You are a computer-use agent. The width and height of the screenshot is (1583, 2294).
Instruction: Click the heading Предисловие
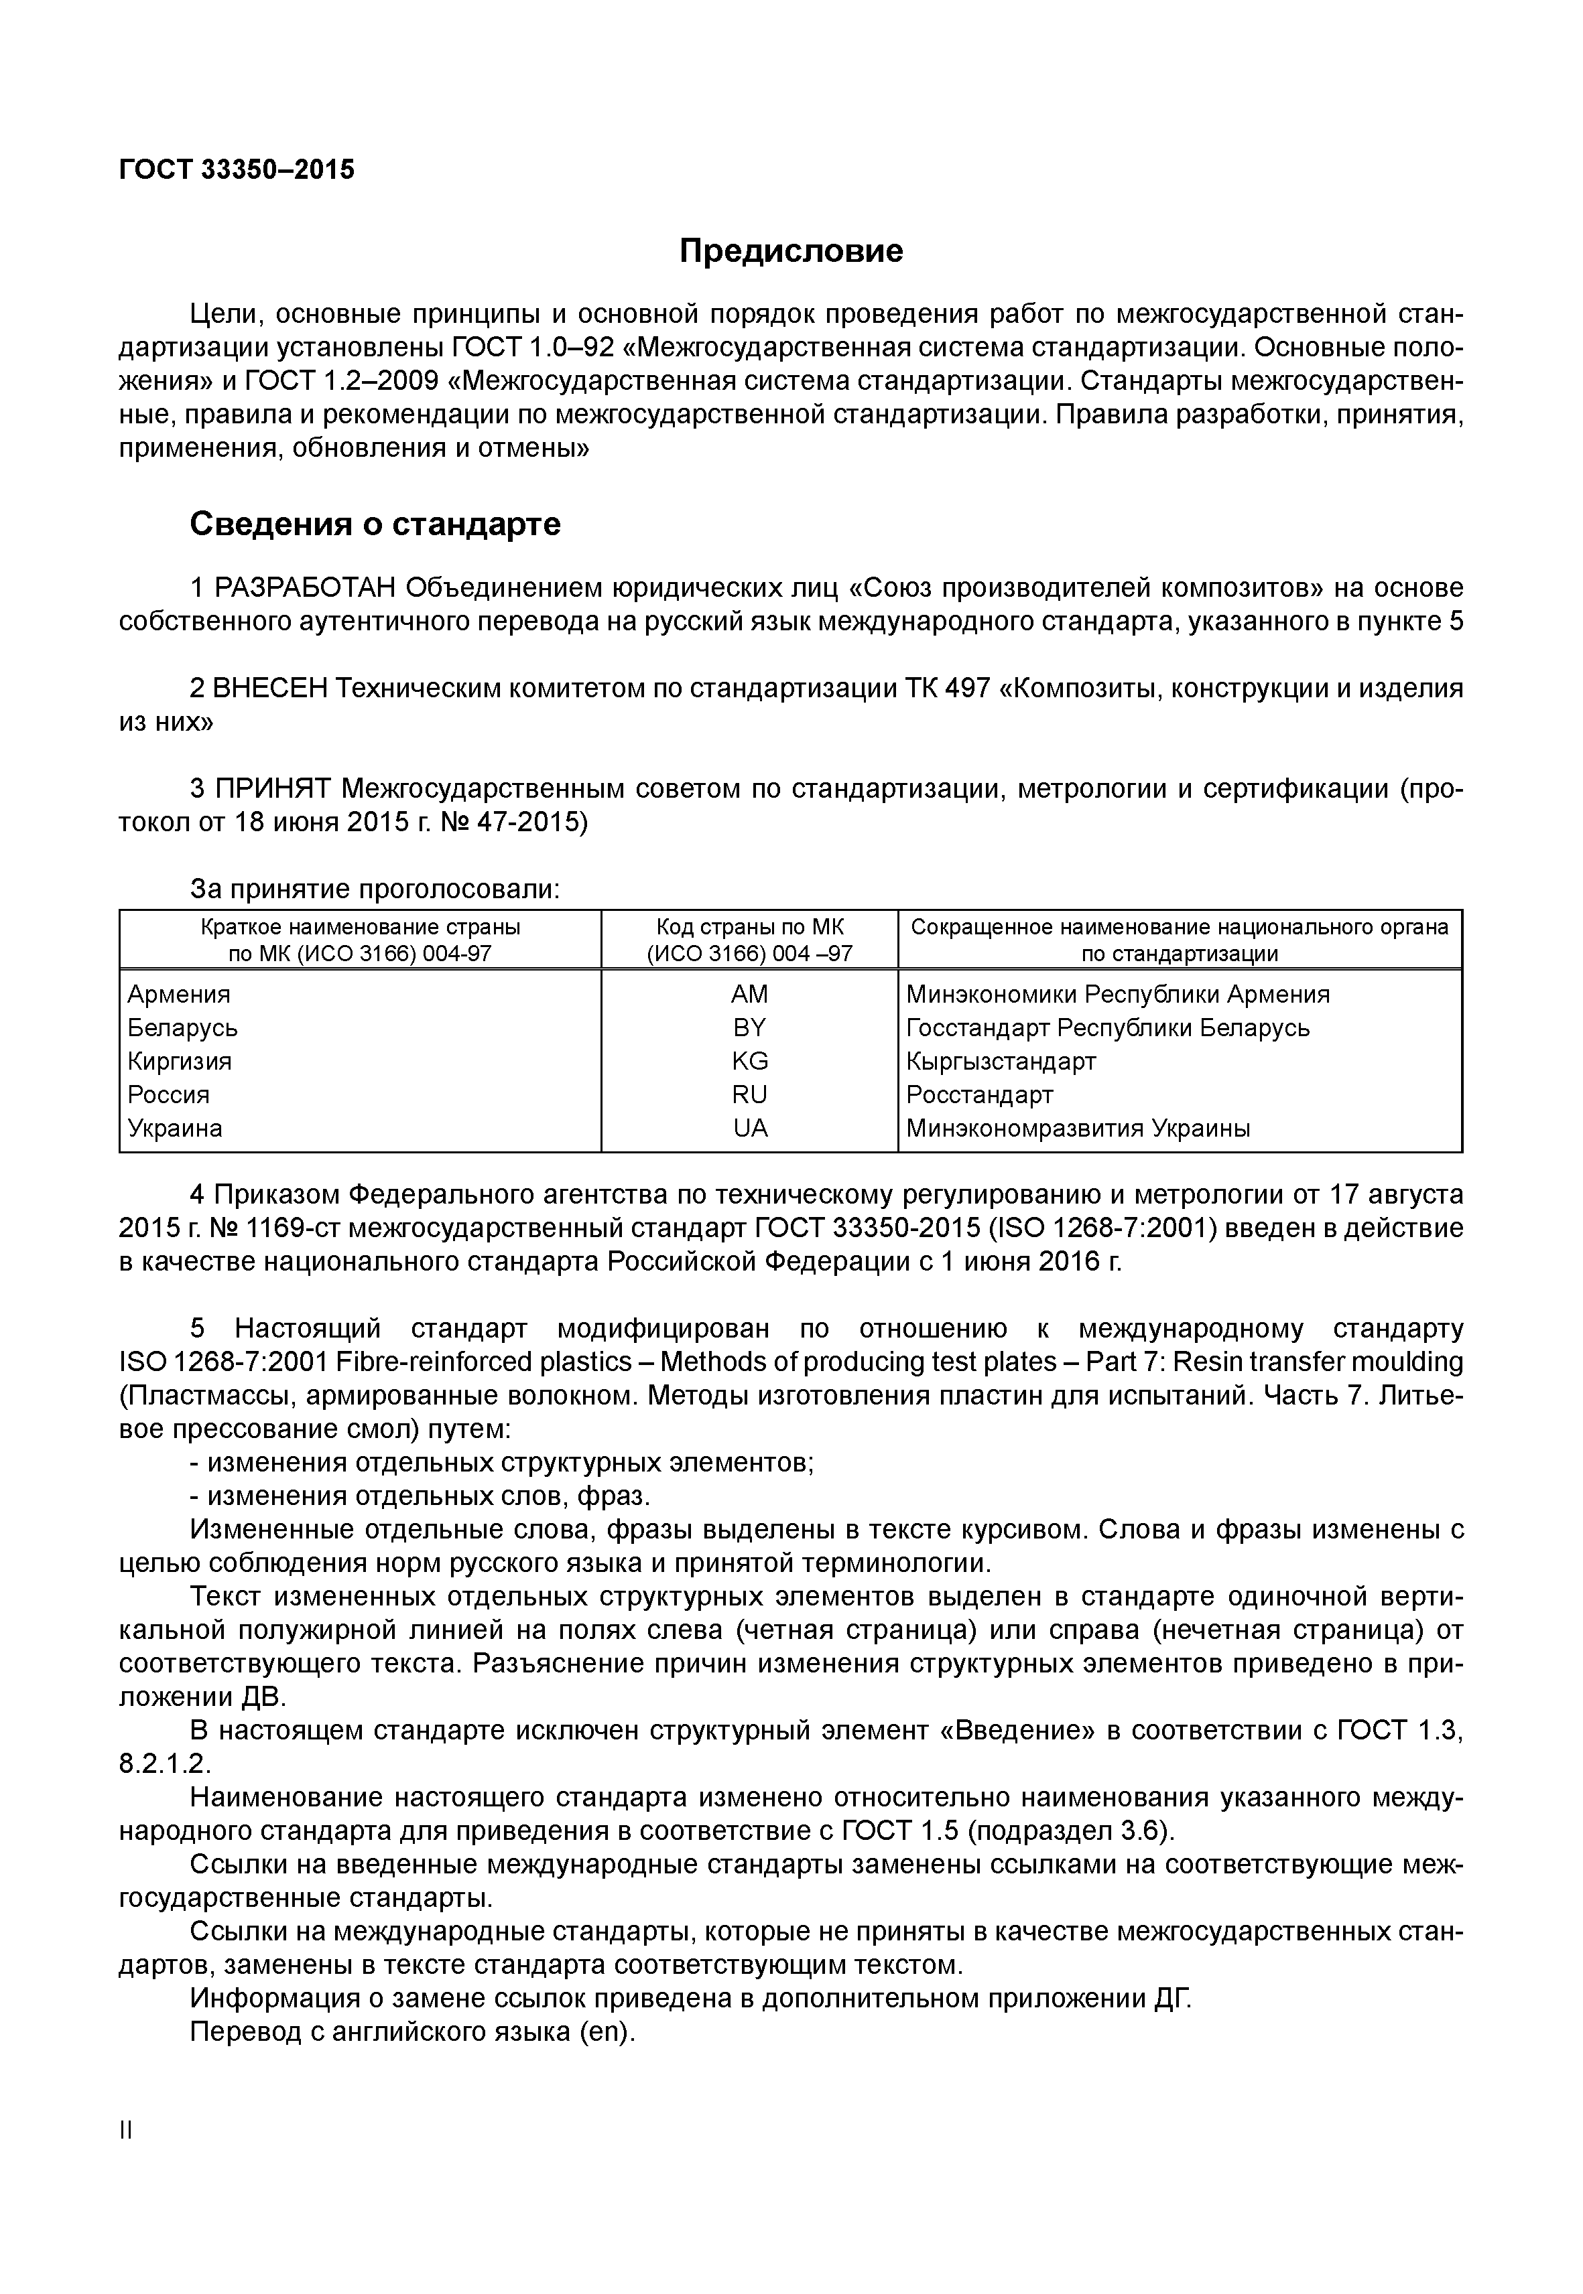click(791, 250)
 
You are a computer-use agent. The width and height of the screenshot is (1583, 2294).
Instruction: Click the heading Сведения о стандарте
click(375, 524)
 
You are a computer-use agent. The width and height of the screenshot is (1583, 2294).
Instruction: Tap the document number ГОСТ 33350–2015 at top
click(236, 169)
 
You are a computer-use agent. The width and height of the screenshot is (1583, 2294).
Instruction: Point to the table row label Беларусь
click(182, 1028)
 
